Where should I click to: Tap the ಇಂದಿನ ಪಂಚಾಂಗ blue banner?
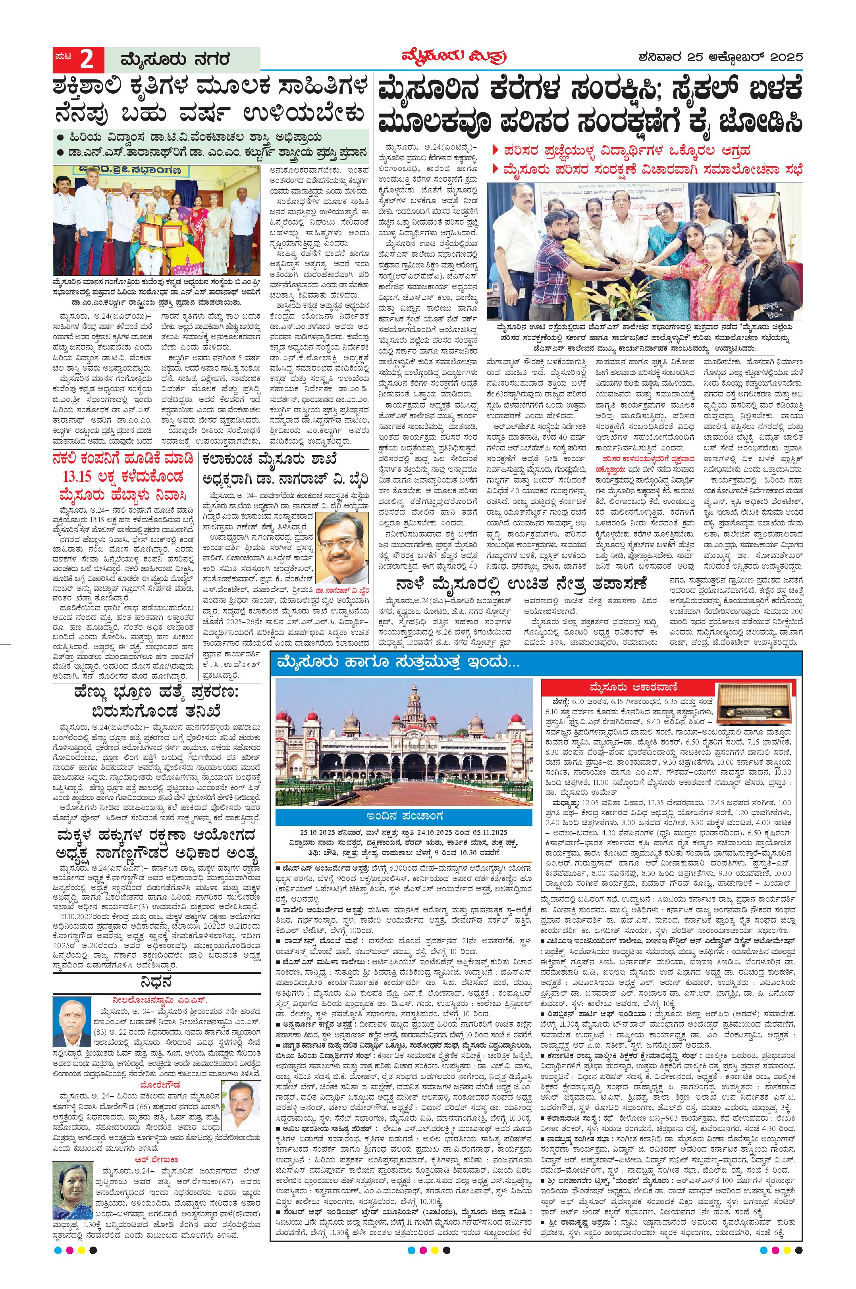click(403, 817)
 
